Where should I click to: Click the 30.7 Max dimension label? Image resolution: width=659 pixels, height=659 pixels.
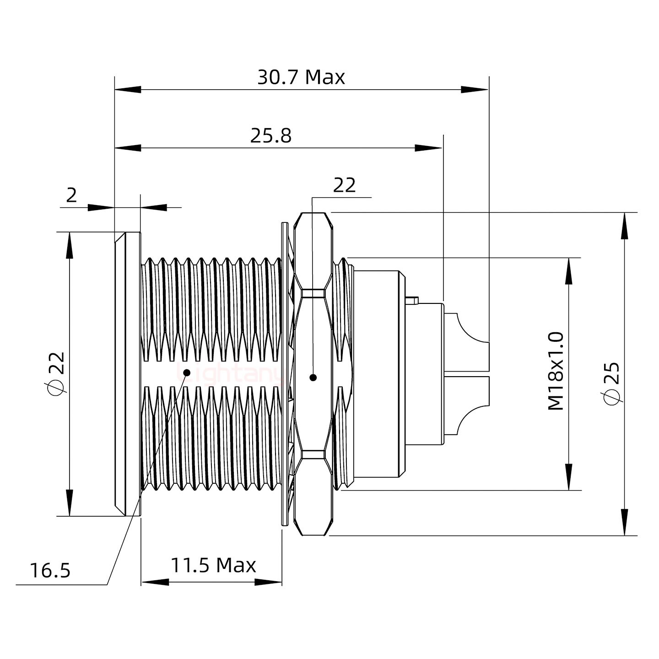pos(301,77)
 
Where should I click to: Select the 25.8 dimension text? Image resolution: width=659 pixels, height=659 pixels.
pos(270,136)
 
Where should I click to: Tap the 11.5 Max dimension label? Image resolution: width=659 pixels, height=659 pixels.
pos(213,566)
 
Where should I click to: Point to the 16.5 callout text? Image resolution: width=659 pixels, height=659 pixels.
pos(50,571)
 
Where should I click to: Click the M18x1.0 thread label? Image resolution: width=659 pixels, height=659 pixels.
pos(556,372)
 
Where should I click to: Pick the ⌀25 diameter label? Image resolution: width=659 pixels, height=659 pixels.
pos(611,383)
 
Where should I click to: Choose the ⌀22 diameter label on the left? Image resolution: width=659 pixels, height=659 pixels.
pos(57,373)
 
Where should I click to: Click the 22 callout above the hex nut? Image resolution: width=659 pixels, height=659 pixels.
pos(344,185)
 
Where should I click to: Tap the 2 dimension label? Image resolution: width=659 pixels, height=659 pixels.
pos(71,195)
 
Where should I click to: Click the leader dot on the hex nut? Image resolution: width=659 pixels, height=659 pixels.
pos(313,378)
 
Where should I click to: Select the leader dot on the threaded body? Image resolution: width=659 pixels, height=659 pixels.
pos(186,373)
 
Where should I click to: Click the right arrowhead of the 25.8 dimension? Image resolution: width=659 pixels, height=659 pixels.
pos(429,148)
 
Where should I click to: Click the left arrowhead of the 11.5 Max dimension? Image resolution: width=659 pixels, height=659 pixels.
pos(154,582)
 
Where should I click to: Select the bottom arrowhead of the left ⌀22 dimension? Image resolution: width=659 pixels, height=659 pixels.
pos(70,503)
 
